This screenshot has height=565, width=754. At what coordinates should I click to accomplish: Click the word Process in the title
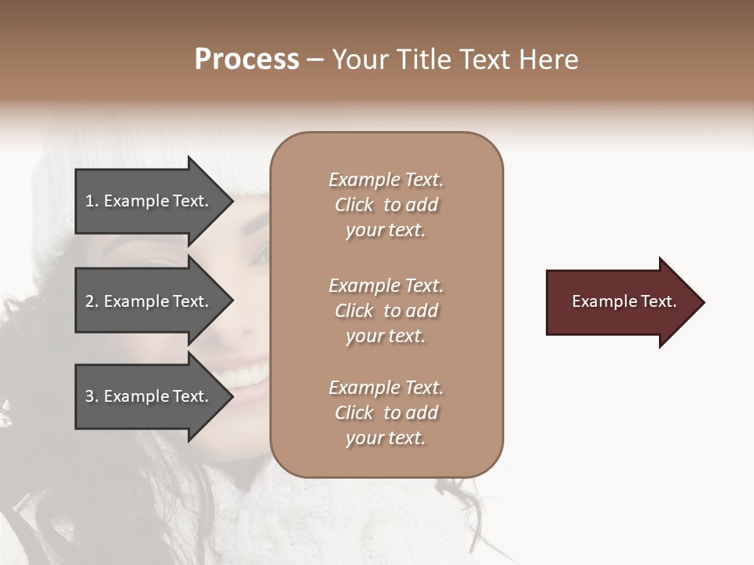pyautogui.click(x=247, y=60)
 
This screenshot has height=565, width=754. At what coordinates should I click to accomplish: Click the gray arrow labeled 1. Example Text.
pyautogui.click(x=149, y=201)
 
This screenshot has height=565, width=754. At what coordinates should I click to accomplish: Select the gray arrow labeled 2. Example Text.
pyautogui.click(x=149, y=301)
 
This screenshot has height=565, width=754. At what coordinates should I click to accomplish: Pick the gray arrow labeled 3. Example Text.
pyautogui.click(x=149, y=396)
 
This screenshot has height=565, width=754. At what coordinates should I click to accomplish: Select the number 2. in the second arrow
pyautogui.click(x=92, y=301)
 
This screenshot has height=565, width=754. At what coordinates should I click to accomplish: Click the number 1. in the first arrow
pyautogui.click(x=92, y=201)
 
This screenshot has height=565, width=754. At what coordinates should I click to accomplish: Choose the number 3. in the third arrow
pyautogui.click(x=92, y=396)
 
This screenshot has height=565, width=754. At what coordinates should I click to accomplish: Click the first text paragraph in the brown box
pyautogui.click(x=386, y=205)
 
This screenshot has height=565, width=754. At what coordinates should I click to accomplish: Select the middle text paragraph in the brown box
pyautogui.click(x=386, y=311)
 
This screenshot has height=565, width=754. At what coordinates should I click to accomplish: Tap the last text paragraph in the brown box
pyautogui.click(x=386, y=413)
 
